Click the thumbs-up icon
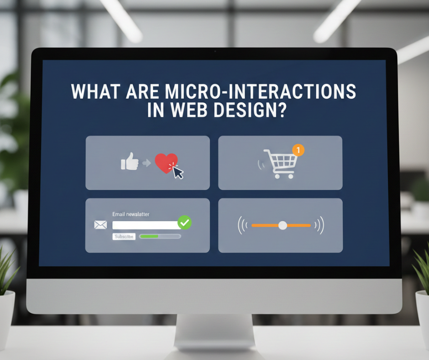point(130,161)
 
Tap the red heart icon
point(166,163)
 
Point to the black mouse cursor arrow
point(178,173)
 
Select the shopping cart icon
point(280,164)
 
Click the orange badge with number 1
point(298,150)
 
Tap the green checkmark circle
point(185,222)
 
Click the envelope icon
point(100,225)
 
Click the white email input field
point(146,225)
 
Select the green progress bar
point(149,236)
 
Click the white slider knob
point(283,226)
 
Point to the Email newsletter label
point(131,214)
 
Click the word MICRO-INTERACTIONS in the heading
point(261,91)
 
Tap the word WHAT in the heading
point(96,91)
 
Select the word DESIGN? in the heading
point(250,110)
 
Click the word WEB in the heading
point(189,110)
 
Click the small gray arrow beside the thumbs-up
point(146,163)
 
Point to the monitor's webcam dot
point(215,51)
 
